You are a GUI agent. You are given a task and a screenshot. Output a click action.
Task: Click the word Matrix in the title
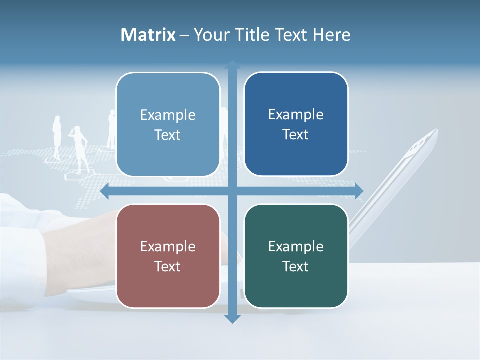148,35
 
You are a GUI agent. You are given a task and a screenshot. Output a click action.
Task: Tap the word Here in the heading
332,35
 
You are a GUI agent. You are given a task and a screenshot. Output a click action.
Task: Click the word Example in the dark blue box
296,115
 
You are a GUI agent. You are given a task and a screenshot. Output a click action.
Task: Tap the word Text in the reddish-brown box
168,266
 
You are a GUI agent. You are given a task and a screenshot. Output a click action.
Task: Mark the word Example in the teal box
296,246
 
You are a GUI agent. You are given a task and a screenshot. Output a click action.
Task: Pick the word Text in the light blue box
168,135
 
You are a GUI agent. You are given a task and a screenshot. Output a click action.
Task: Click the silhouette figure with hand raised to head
79,145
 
